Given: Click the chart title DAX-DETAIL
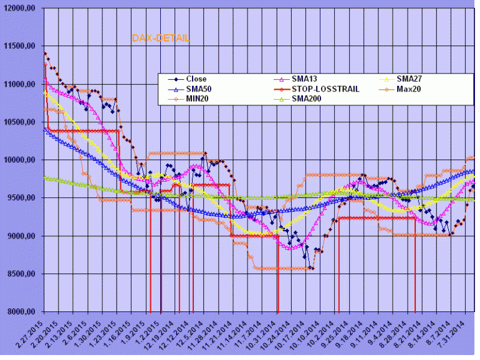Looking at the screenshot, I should [161, 38].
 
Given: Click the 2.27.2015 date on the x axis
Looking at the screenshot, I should [31, 334].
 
